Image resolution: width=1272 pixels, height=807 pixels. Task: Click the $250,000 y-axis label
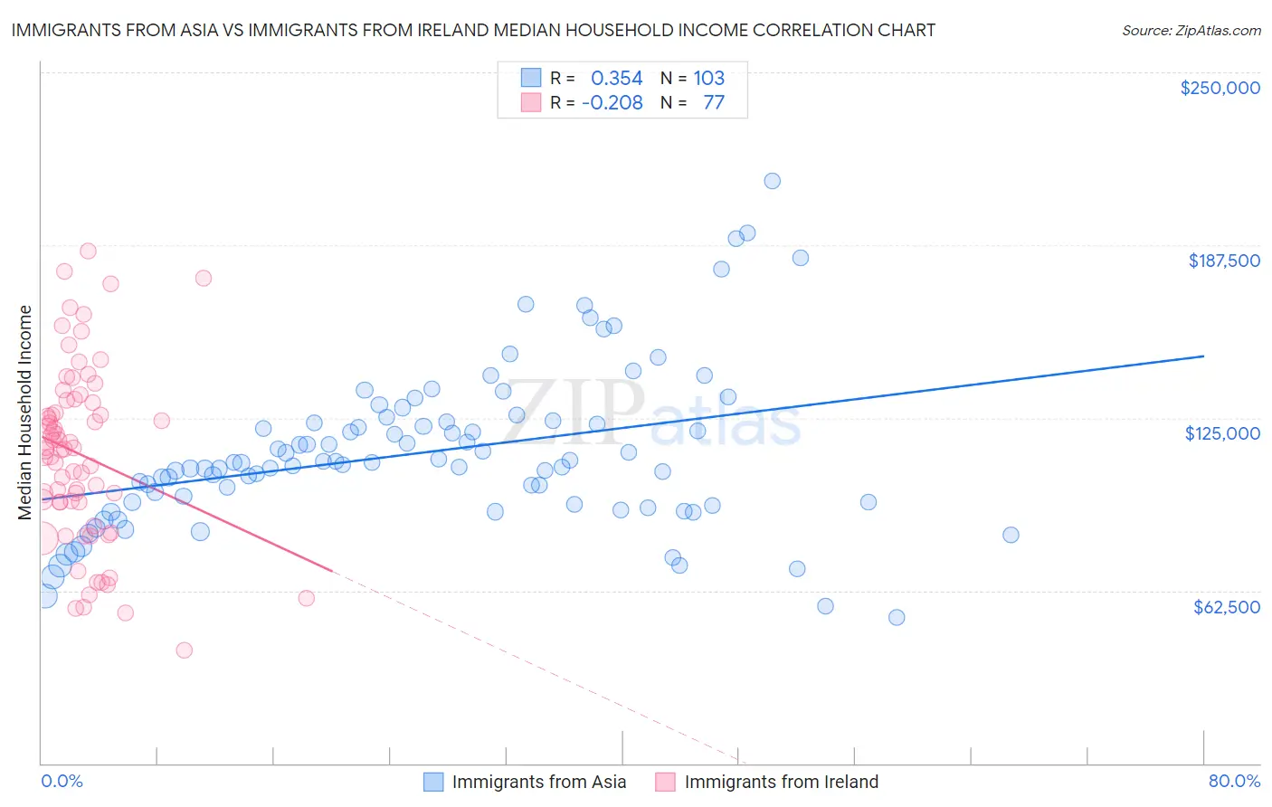(x=1220, y=88)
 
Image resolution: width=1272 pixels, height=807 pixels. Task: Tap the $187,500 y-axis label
(x=1223, y=261)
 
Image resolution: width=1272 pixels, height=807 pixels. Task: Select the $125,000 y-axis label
(x=1221, y=433)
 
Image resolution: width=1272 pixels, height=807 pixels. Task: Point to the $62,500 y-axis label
(x=1226, y=607)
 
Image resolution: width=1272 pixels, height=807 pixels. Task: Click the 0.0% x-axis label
(x=62, y=781)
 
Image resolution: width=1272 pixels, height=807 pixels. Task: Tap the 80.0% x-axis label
(x=1234, y=781)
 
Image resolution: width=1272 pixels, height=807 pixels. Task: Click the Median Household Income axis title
(x=24, y=413)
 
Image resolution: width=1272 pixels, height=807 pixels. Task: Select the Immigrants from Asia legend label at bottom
(x=539, y=782)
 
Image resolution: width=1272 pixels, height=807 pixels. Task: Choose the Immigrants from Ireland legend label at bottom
(x=782, y=782)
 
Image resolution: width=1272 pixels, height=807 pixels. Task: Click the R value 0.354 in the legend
(x=616, y=79)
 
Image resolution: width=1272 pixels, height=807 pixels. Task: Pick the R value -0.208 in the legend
(x=612, y=102)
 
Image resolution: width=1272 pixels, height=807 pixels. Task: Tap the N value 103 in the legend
(x=708, y=79)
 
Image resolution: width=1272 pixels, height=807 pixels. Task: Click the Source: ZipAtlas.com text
(x=1191, y=31)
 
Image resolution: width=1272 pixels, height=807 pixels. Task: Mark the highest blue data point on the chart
(x=772, y=181)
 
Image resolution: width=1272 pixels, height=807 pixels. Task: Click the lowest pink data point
(x=185, y=650)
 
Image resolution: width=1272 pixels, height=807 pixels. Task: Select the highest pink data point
(x=88, y=251)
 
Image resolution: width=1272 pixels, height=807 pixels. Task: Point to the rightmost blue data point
(x=1011, y=535)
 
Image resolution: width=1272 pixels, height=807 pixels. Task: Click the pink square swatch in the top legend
(x=530, y=102)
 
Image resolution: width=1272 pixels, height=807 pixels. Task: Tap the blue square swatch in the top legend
(x=530, y=79)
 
